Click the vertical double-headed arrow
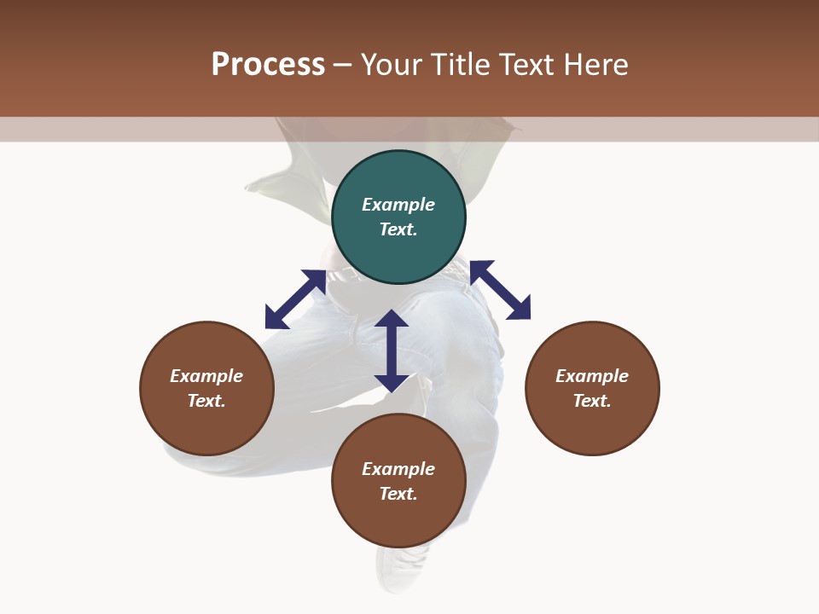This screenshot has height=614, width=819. [x=392, y=350]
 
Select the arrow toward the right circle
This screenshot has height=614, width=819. [x=501, y=290]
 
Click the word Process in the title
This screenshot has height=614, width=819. [x=268, y=65]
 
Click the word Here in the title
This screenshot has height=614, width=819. [x=597, y=65]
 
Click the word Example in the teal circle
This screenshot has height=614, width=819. [x=398, y=205]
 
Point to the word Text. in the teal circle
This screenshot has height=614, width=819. [x=398, y=229]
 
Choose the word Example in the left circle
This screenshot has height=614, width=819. [x=206, y=376]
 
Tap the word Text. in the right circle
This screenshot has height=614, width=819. [x=592, y=401]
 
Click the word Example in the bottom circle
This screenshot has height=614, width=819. [x=398, y=469]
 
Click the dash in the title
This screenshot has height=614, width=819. [x=343, y=65]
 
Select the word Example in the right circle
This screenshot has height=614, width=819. [x=592, y=376]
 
